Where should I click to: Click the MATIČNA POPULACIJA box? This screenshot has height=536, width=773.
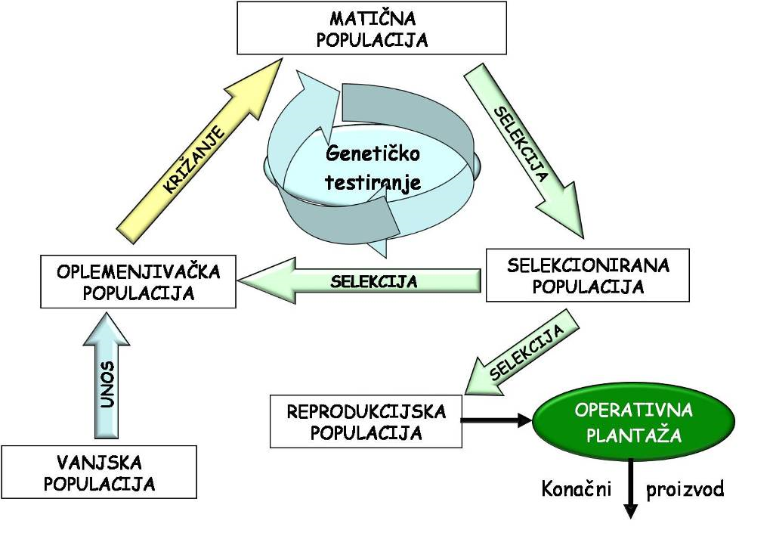372,29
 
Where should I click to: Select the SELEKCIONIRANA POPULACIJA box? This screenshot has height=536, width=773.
587,276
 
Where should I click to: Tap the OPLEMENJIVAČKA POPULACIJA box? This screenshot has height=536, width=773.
138,282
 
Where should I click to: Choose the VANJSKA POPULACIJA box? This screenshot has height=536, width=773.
99,472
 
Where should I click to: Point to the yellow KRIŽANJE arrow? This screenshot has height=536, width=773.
195,156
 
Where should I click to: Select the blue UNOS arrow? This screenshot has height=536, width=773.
109,378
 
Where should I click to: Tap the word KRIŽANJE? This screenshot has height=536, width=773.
193,161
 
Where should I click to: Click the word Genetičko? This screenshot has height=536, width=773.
372,154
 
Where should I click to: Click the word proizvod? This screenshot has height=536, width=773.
685,489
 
